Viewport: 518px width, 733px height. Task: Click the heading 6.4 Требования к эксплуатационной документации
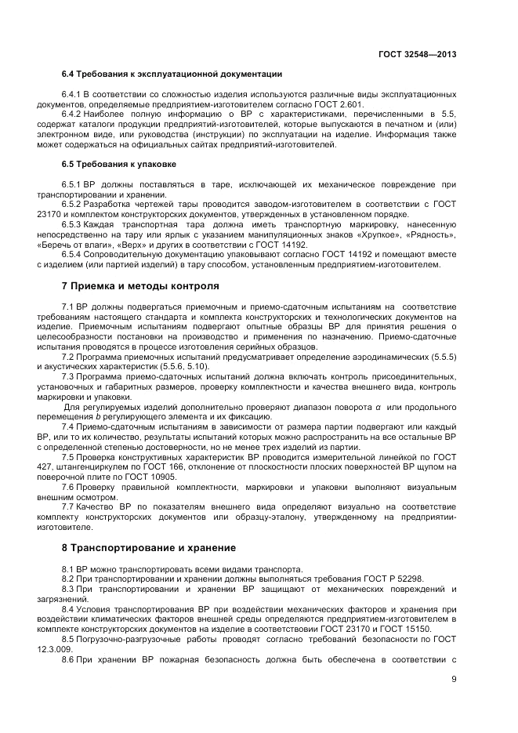172,74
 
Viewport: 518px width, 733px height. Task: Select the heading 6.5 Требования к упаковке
118,165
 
